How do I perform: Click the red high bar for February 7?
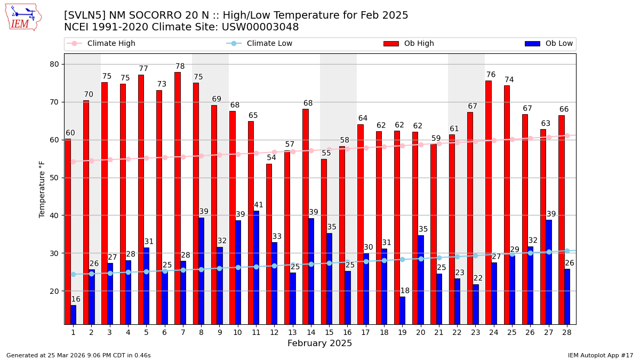click(177, 197)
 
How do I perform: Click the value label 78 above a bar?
click(180, 67)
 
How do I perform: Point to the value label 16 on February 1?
click(76, 299)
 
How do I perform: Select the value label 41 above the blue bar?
click(259, 205)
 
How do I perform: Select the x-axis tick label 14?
click(310, 332)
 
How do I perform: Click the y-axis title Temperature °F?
click(42, 189)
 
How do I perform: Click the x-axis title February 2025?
click(319, 343)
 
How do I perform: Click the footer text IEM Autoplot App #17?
click(600, 355)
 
